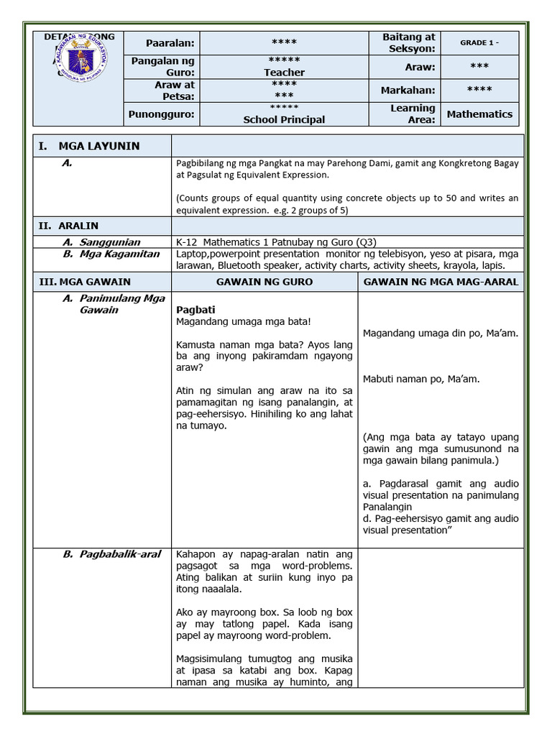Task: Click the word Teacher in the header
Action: pos(284,73)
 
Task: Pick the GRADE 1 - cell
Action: pos(479,42)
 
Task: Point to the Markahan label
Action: pos(408,90)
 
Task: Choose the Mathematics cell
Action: pos(479,114)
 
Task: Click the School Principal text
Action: pos(284,120)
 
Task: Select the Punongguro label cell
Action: pos(162,114)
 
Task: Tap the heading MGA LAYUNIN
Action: pos(98,146)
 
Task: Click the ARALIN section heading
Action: pos(78,226)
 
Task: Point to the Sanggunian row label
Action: pos(109,242)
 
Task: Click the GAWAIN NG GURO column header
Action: pos(264,282)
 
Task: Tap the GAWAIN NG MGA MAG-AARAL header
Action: pos(441,282)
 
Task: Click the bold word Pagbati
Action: pos(196,310)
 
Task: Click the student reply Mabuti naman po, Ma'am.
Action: pos(421,379)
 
